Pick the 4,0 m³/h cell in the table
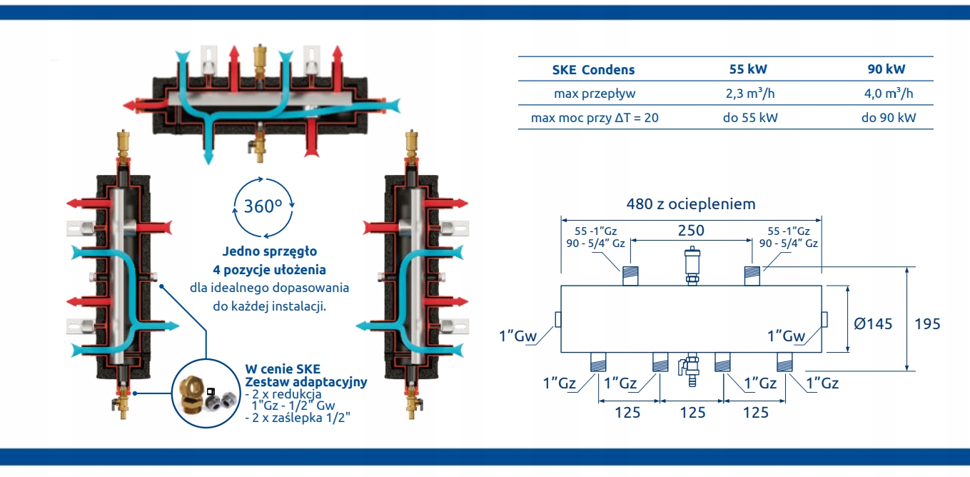pos(888,94)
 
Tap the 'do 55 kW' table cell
pos(749,117)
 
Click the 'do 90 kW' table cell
pos(888,117)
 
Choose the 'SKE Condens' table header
pos(593,70)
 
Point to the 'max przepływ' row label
pos(595,94)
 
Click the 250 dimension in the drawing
pos(691,231)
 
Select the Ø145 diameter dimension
pos(873,323)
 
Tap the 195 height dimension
pos(927,323)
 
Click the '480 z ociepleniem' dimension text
pos(691,204)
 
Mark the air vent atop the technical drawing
pos(692,264)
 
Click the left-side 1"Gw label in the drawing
pos(517,336)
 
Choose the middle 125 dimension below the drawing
pos(692,413)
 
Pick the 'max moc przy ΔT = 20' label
pos(595,117)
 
